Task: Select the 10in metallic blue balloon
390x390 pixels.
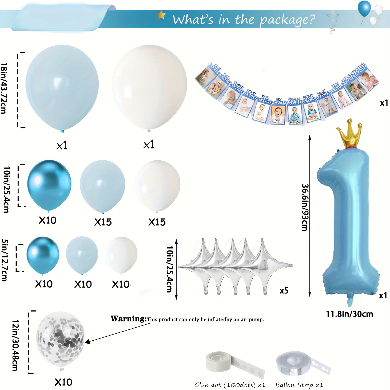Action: click(49, 184)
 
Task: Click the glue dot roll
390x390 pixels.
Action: click(218, 361)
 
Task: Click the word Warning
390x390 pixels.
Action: click(128, 319)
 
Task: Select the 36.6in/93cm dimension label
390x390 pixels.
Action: click(305, 207)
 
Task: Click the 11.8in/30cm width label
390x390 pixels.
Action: click(349, 314)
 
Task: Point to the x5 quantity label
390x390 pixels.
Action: click(284, 290)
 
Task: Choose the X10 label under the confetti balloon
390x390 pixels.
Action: click(63, 382)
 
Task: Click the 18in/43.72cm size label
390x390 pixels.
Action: click(4, 88)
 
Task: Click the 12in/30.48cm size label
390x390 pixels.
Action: click(16, 345)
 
